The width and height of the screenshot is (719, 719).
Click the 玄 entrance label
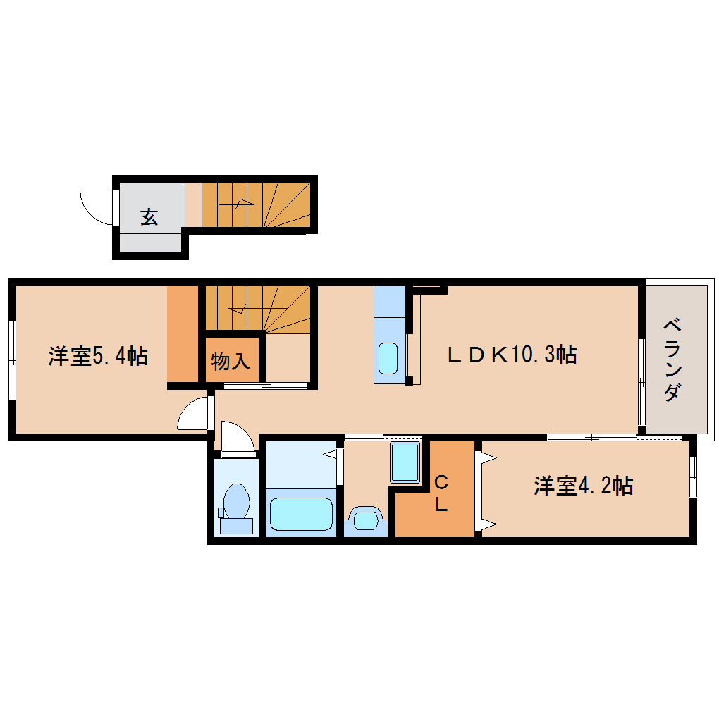pyautogui.click(x=149, y=217)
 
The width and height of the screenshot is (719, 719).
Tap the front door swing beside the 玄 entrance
pyautogui.click(x=97, y=205)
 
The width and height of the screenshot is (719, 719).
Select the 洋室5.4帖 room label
pyautogui.click(x=97, y=356)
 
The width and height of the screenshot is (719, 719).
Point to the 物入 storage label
pyautogui.click(x=231, y=362)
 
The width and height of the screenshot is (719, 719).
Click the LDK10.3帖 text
pyautogui.click(x=512, y=355)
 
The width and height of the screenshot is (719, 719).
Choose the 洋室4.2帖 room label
pyautogui.click(x=583, y=486)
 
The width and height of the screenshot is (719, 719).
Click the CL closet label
pyautogui.click(x=441, y=493)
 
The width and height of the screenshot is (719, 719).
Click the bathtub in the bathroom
pyautogui.click(x=301, y=514)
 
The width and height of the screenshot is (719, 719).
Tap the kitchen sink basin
pyautogui.click(x=388, y=358)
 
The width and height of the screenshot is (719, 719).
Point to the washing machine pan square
pyautogui.click(x=405, y=463)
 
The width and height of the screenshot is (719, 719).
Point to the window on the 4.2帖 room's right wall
pyautogui.click(x=693, y=477)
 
